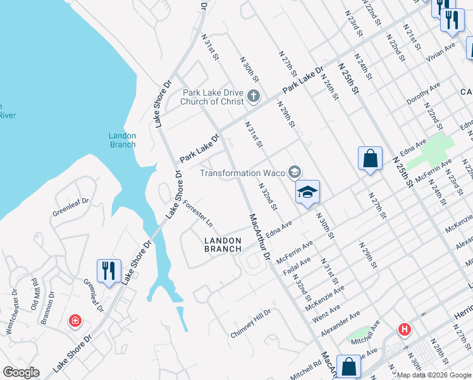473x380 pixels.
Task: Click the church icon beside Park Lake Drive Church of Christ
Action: click(x=254, y=97)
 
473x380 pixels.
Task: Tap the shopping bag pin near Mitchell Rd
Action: click(x=348, y=367)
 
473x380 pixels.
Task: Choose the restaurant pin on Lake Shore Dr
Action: click(x=109, y=272)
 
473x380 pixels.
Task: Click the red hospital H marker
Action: click(x=403, y=329)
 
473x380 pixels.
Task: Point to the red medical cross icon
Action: click(x=75, y=321)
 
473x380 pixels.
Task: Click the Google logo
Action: click(x=21, y=372)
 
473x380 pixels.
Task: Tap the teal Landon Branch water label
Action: click(x=122, y=140)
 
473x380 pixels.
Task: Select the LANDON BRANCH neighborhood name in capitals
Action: click(x=223, y=244)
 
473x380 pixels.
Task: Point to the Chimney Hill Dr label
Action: click(x=250, y=323)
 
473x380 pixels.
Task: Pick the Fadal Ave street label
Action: click(x=297, y=267)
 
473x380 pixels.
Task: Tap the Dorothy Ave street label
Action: click(x=423, y=95)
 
